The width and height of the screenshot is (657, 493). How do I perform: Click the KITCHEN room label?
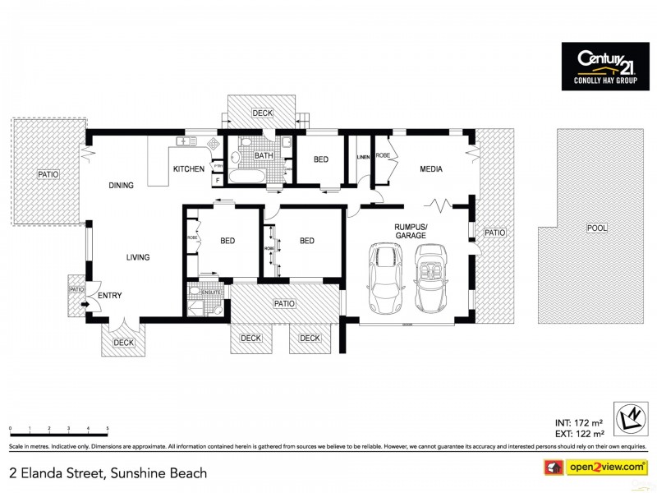pos(188,169)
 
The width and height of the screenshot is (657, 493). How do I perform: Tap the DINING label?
pos(121,186)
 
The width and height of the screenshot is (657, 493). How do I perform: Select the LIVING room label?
pos(138,257)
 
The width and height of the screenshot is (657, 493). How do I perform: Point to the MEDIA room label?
pos(431,169)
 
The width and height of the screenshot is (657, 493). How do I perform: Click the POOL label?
pos(596,228)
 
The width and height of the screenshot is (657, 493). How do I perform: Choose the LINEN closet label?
pos(363,156)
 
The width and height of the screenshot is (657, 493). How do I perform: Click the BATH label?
pos(264,155)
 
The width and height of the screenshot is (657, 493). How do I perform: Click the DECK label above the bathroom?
pos(263,113)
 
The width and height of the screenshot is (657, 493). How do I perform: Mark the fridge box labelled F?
pos(217,179)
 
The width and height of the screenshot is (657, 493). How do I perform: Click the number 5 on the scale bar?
pos(108,429)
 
